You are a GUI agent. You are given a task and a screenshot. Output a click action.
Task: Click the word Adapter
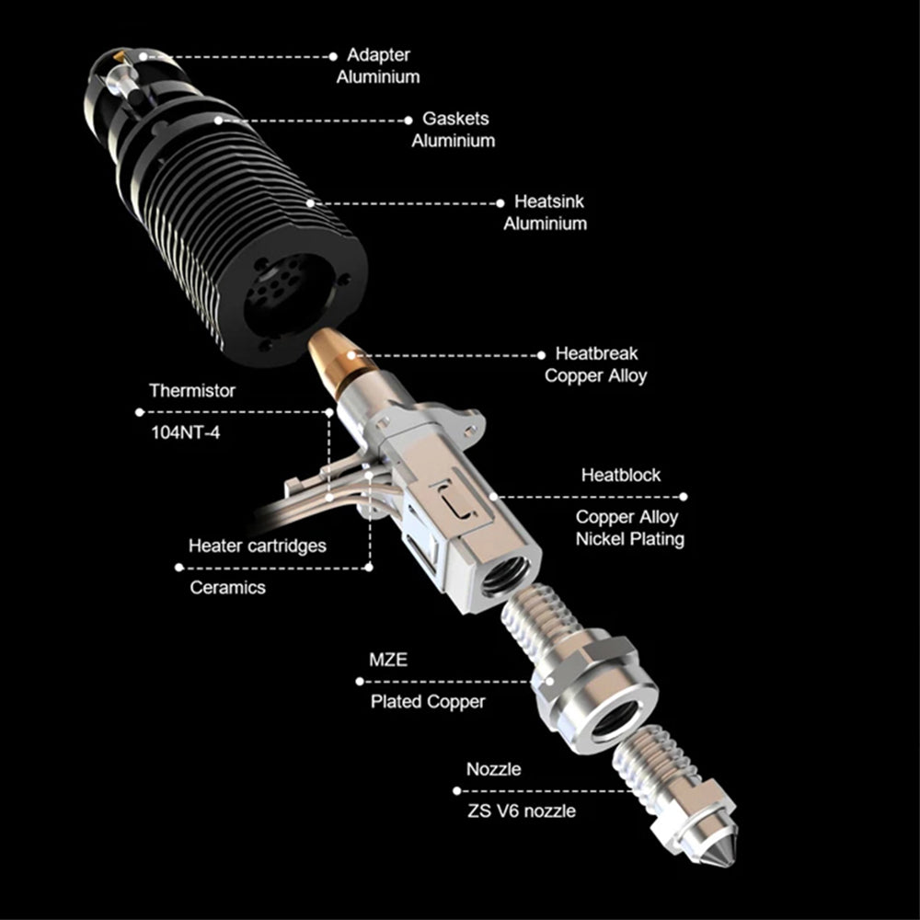[x=378, y=55]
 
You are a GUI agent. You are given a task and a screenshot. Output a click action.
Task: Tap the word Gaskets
[x=455, y=119]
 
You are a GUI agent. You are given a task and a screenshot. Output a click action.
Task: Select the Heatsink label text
[x=549, y=201]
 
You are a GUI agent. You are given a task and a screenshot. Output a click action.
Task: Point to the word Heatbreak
[x=596, y=353]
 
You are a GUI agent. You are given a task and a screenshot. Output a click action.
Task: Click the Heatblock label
[x=621, y=475]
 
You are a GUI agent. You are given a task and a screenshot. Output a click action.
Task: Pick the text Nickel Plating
[x=629, y=538]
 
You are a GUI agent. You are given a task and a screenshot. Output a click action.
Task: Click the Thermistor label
[x=192, y=390]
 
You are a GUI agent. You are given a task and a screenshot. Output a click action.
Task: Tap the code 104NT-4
[x=186, y=432]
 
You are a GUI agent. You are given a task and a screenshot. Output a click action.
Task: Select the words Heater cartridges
[x=257, y=546]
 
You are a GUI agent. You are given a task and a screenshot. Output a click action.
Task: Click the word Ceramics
[x=227, y=587]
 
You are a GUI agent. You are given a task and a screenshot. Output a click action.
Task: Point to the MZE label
[x=388, y=660]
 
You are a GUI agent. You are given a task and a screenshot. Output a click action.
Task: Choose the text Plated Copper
[x=428, y=702]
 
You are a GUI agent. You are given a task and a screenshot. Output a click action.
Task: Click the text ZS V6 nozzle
[x=521, y=811]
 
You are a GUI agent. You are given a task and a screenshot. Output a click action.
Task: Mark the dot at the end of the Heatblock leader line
[x=683, y=497]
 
